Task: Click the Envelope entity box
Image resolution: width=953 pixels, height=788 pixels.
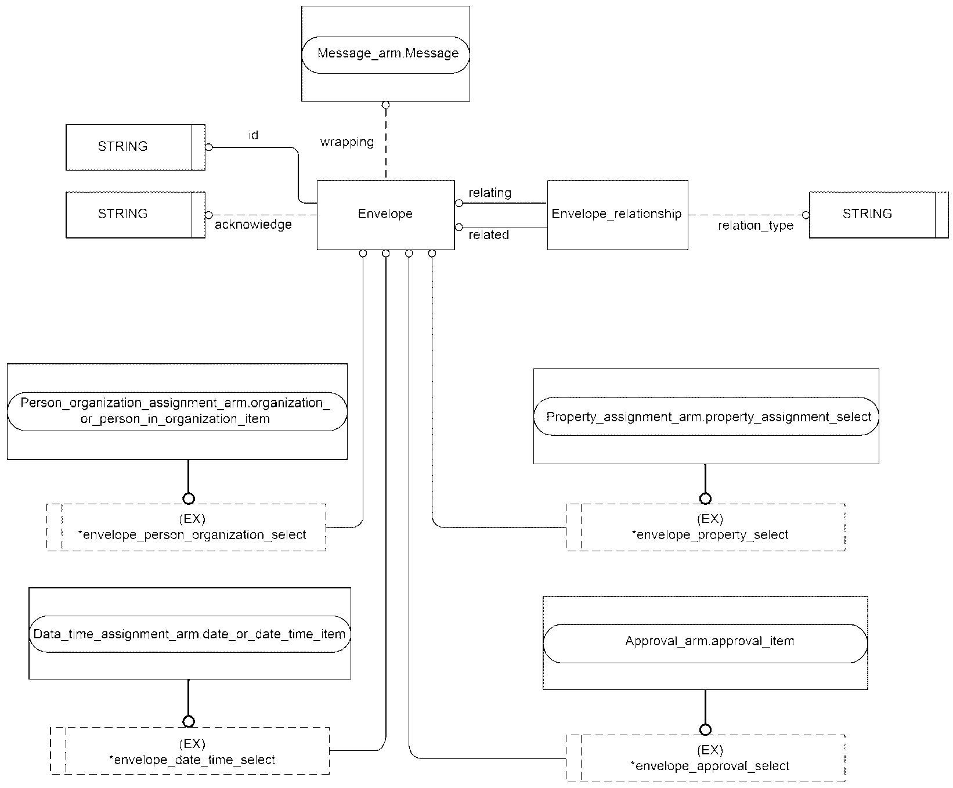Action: tap(385, 215)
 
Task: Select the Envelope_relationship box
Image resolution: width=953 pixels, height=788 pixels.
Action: tap(618, 215)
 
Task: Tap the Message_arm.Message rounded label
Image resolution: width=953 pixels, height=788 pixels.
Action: tap(386, 54)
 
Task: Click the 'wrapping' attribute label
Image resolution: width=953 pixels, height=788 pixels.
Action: tap(347, 142)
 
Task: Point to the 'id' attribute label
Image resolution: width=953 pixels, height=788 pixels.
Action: tap(253, 135)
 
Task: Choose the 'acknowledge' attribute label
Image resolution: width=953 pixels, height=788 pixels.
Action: tap(253, 225)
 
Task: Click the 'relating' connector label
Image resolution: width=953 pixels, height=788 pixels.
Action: tap(490, 193)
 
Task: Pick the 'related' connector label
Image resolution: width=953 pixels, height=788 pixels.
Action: tap(489, 234)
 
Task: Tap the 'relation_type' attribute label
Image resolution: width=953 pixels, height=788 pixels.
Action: tap(756, 226)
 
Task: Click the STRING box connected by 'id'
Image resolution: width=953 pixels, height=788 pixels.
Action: tap(135, 147)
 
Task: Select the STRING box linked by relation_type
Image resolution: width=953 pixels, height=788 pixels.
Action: tap(879, 215)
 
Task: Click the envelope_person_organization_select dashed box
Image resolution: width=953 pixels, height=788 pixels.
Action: tap(186, 527)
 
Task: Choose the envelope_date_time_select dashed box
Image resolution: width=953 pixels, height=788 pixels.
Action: tap(190, 750)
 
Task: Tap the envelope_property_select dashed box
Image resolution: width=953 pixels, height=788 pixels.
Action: tap(706, 527)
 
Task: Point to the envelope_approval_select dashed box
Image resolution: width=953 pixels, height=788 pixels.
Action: tap(706, 758)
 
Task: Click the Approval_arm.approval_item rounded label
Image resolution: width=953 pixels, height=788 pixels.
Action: tap(705, 643)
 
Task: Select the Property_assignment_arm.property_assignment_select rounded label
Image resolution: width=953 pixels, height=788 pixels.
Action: tap(706, 417)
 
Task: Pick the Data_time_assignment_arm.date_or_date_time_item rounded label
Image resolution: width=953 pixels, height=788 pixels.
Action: tap(190, 634)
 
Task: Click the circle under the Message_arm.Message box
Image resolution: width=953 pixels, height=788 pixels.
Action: tap(385, 106)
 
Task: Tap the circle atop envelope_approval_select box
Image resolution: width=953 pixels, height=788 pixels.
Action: tap(705, 729)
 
